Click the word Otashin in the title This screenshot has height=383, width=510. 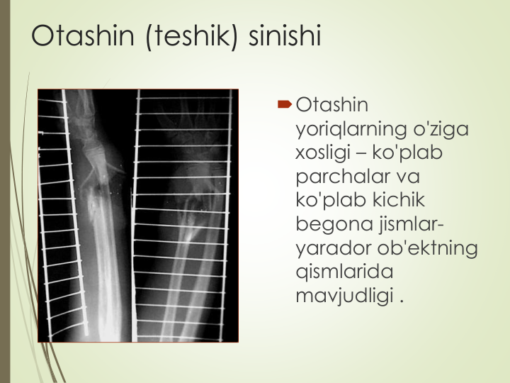(x=83, y=35)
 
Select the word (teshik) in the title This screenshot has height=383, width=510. (x=192, y=36)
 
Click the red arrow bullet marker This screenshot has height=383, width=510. (x=285, y=104)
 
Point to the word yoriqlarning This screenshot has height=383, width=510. (x=351, y=130)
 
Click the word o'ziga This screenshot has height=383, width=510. (x=441, y=130)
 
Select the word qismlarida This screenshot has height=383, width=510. (x=344, y=272)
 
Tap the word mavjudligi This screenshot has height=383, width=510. (x=344, y=296)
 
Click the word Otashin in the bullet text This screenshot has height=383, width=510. (x=332, y=105)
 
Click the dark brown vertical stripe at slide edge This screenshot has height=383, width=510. (x=5, y=191)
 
